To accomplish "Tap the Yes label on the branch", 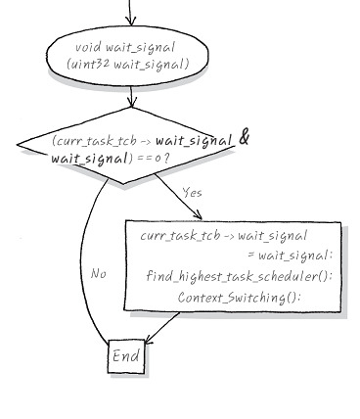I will click(x=192, y=193).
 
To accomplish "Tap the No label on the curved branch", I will click(x=98, y=273).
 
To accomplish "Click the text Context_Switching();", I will click(x=240, y=297).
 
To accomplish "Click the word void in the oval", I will click(x=88, y=47).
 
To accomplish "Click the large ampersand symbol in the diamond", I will click(x=245, y=140).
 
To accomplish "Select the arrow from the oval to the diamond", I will click(x=131, y=98).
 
